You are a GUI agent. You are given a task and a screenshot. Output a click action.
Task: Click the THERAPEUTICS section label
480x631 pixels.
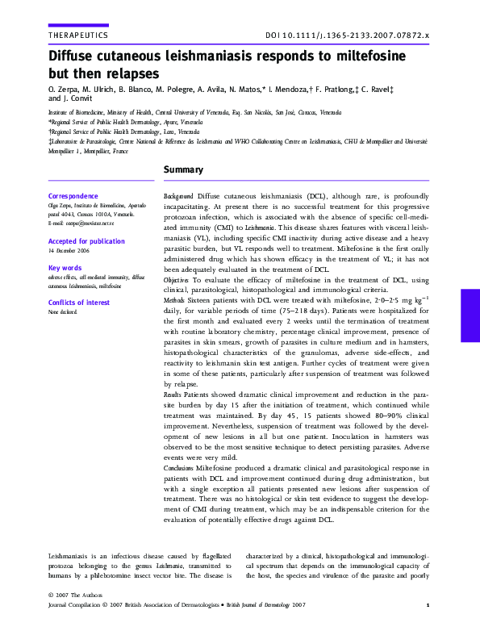pyautogui.click(x=77, y=36)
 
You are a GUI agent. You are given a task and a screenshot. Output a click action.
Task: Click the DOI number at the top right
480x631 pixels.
pyautogui.click(x=348, y=36)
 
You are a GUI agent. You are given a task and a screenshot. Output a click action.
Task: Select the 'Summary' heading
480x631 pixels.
pyautogui.click(x=183, y=170)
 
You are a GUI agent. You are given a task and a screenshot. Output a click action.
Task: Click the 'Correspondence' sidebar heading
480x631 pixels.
pyautogui.click(x=73, y=196)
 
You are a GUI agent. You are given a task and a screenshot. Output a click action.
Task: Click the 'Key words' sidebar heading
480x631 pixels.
pyautogui.click(x=65, y=268)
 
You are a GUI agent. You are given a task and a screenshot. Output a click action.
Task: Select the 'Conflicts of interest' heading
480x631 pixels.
pyautogui.click(x=79, y=303)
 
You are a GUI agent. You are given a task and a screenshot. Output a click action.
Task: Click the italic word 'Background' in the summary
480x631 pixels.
pyautogui.click(x=178, y=196)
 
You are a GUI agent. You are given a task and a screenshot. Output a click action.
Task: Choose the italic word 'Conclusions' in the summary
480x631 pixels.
pyautogui.click(x=180, y=468)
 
